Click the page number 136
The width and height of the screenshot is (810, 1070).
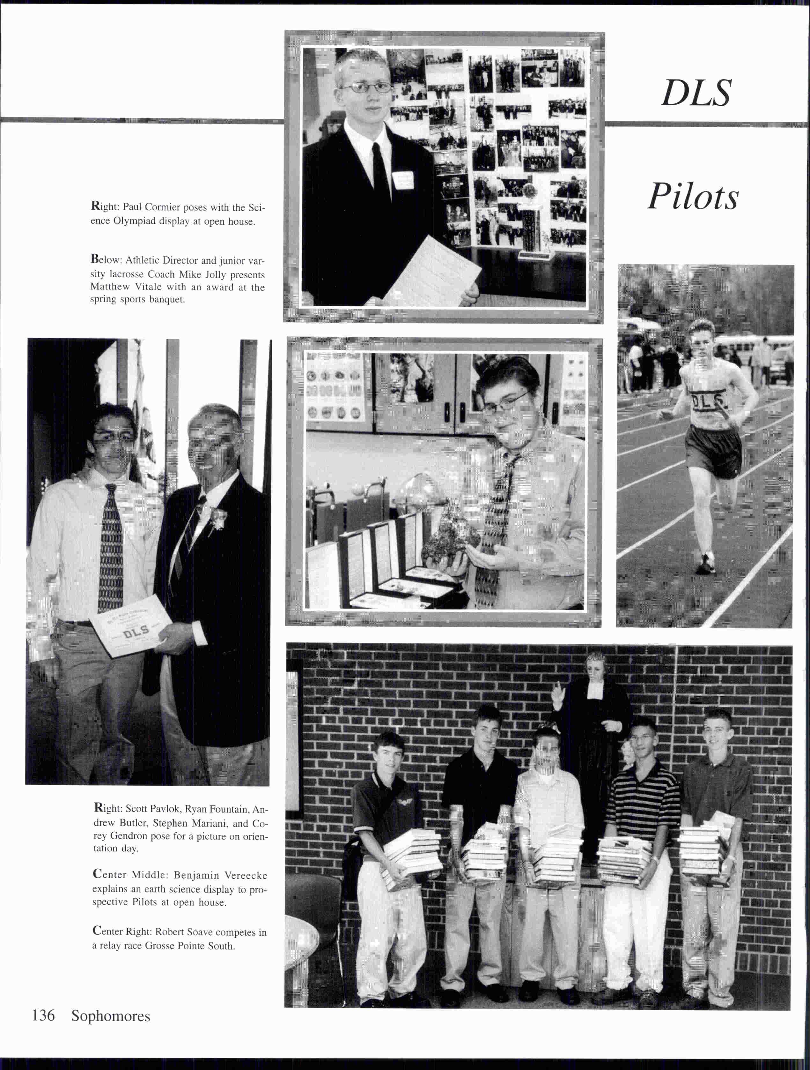coord(43,1015)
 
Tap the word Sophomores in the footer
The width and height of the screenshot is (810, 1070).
coord(111,1016)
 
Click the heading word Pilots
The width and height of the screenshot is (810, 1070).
coord(693,197)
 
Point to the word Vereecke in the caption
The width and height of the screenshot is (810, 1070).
coord(245,876)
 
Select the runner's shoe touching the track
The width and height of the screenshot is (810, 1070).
coord(706,564)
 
